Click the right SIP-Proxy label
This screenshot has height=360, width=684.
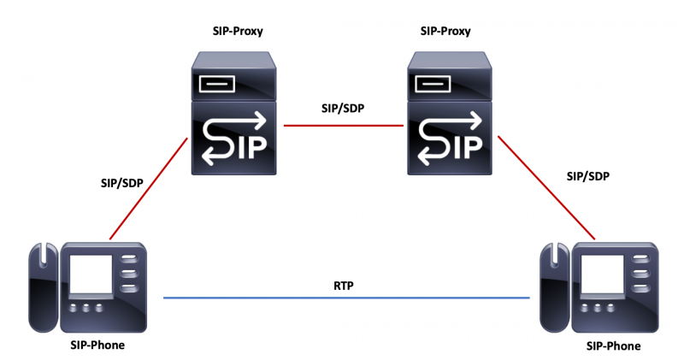445,31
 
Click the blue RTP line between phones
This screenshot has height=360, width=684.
345,298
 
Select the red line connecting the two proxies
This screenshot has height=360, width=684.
342,126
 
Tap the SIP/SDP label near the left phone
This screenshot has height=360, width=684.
124,183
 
